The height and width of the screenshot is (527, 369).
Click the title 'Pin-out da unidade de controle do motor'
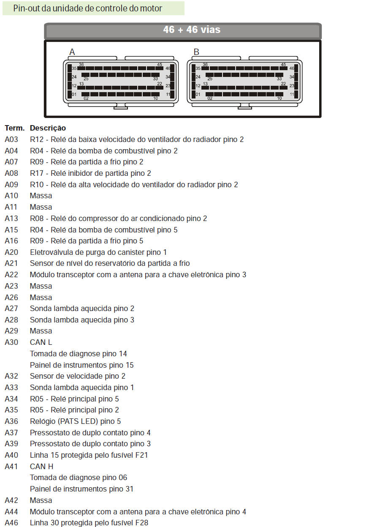pyautogui.click(x=87, y=8)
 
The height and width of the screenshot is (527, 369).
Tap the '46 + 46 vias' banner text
pyautogui.click(x=192, y=30)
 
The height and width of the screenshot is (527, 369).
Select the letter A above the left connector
pyautogui.click(x=72, y=52)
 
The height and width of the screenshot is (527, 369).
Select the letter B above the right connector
pyautogui.click(x=196, y=52)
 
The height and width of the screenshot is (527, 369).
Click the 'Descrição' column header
pyautogui.click(x=48, y=128)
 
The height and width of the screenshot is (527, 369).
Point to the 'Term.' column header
pyautogui.click(x=15, y=128)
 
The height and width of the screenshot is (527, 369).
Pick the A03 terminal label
pyautogui.click(x=11, y=139)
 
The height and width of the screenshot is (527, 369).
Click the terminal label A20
pyautogui.click(x=11, y=252)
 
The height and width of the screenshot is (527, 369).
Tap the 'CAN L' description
pyautogui.click(x=41, y=342)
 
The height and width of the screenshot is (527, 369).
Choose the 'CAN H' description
pyautogui.click(x=41, y=466)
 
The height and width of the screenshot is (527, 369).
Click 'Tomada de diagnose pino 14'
pyautogui.click(x=78, y=354)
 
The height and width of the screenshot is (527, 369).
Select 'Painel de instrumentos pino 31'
pyautogui.click(x=81, y=489)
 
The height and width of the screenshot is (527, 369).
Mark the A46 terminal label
pyautogui.click(x=11, y=523)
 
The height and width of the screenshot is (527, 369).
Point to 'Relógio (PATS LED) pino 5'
pyautogui.click(x=75, y=421)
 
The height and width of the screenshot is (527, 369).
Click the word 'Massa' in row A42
pyautogui.click(x=41, y=500)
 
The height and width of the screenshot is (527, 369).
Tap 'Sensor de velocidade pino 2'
pyautogui.click(x=78, y=376)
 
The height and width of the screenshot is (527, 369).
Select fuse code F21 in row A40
pyautogui.click(x=141, y=455)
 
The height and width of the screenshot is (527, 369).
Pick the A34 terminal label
pyautogui.click(x=11, y=399)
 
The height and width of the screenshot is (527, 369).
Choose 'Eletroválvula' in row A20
pyautogui.click(x=51, y=252)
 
